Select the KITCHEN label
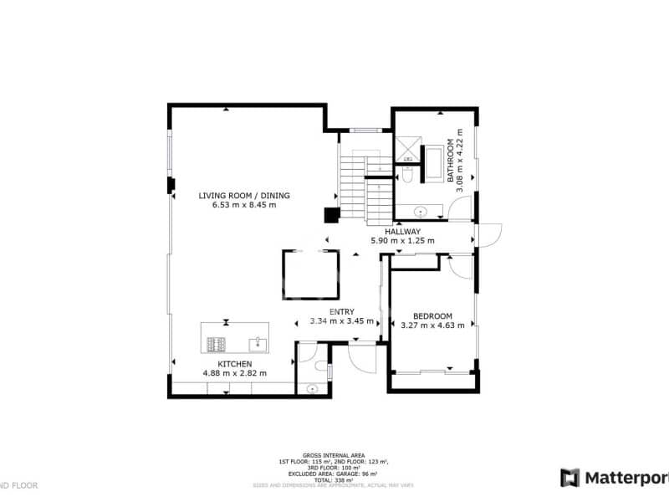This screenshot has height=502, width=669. click(234, 363)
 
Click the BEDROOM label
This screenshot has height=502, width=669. click(432, 315)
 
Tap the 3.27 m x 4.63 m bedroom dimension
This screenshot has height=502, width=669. click(432, 325)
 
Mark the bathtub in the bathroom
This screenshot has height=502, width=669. click(433, 162)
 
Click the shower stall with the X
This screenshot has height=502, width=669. click(407, 149)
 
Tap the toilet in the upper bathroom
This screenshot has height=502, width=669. click(407, 176)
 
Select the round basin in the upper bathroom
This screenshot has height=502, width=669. click(421, 211)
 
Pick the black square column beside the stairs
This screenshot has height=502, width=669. click(332, 215)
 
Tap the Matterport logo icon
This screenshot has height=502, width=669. click(569, 478)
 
